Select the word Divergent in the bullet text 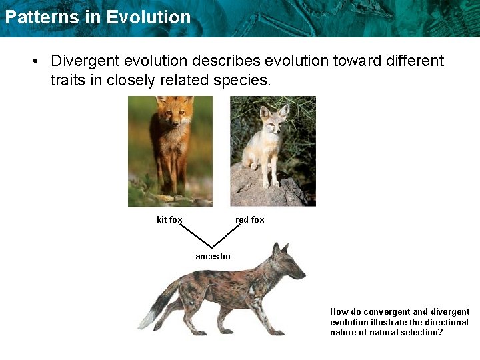86,61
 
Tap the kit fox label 169,219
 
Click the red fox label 250,219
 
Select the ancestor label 213,256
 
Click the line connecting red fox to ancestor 227,235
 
